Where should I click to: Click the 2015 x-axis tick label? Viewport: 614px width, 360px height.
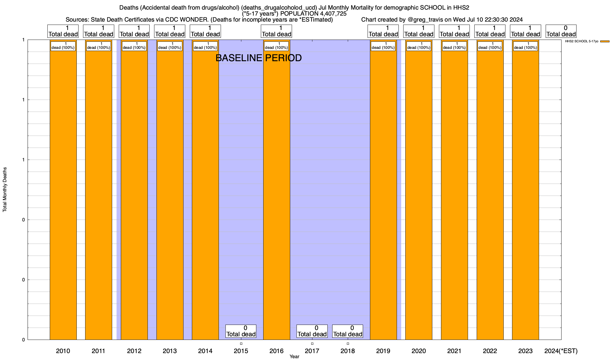(x=241, y=351)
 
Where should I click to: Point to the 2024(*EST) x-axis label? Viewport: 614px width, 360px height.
(x=561, y=351)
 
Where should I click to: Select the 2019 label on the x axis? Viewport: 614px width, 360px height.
(x=383, y=351)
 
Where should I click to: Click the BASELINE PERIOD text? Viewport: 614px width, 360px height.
(x=258, y=58)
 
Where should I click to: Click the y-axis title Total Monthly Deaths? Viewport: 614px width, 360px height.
(x=5, y=190)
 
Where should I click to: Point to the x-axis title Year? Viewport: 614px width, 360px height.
(x=294, y=357)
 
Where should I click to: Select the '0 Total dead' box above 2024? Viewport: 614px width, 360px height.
(x=561, y=31)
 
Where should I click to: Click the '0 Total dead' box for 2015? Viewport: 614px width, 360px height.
(x=241, y=331)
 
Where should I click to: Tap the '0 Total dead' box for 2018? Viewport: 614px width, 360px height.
(x=347, y=331)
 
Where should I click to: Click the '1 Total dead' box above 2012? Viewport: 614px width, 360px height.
(x=134, y=31)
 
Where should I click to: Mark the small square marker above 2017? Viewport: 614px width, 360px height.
(x=312, y=344)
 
